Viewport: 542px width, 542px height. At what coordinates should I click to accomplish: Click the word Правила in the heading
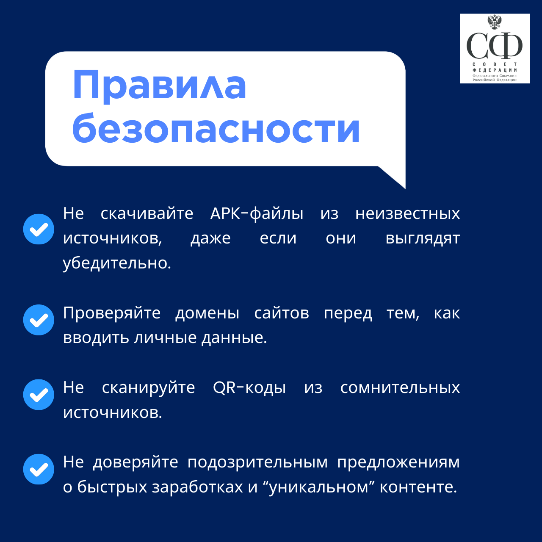pyautogui.click(x=160, y=86)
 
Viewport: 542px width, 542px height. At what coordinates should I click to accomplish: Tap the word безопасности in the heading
pyautogui.click(x=216, y=128)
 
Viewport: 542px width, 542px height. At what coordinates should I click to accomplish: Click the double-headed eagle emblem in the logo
pyautogui.click(x=495, y=22)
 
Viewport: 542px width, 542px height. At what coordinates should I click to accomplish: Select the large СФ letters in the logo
pyautogui.click(x=495, y=45)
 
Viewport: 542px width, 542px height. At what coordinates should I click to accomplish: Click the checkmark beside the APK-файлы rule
pyautogui.click(x=39, y=229)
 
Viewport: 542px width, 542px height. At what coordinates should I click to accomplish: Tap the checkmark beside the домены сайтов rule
pyautogui.click(x=39, y=320)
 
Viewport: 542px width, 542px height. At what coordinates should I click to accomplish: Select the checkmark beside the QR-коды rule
pyautogui.click(x=39, y=395)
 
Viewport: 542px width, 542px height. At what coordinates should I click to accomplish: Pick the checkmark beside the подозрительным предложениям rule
pyautogui.click(x=39, y=469)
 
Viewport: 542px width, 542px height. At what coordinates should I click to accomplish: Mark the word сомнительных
pyautogui.click(x=400, y=388)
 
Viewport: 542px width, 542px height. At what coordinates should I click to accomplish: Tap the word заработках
pyautogui.click(x=197, y=487)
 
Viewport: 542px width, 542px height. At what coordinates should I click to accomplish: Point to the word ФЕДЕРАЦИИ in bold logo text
pyautogui.click(x=495, y=70)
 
